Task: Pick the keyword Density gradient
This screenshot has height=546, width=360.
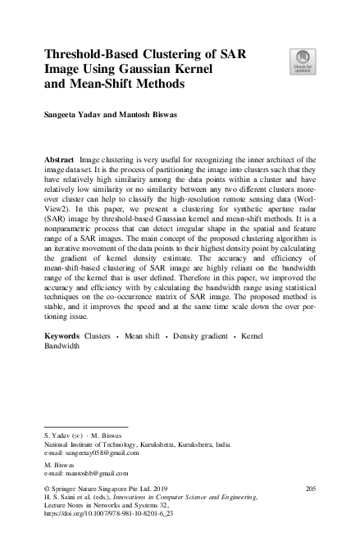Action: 198,359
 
